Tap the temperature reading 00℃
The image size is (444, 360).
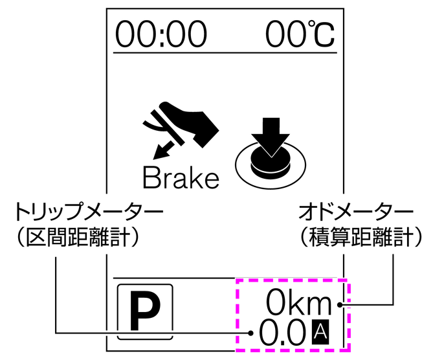300,34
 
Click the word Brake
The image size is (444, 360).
181,177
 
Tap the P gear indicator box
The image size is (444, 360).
145,311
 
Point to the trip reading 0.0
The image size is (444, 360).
282,333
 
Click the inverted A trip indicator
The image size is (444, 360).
320,332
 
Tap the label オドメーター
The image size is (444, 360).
355,210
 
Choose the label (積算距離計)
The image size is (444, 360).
362,237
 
